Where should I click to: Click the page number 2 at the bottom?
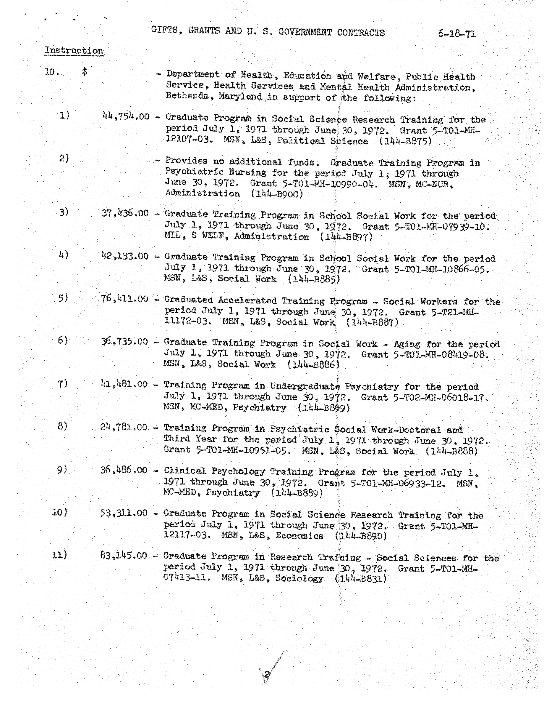[x=267, y=674]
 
